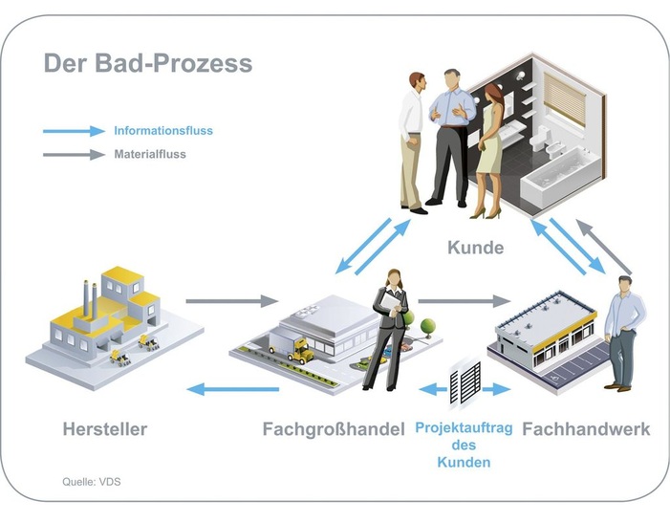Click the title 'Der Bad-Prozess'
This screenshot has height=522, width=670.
148,63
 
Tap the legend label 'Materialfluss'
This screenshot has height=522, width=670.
150,153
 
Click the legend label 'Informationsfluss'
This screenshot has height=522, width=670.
163,131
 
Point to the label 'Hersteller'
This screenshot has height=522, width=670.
104,429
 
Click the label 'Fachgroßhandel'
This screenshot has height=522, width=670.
334,429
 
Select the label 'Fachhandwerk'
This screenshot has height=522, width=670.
586,429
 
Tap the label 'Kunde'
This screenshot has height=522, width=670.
475,249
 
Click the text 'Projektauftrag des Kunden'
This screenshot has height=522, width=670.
464,446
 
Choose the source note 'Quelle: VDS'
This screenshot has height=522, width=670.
85,482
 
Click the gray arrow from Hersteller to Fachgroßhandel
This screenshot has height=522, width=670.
230,301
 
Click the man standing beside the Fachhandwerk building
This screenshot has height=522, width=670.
622,331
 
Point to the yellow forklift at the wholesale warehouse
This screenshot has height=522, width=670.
302,353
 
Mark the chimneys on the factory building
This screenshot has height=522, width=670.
89,297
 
